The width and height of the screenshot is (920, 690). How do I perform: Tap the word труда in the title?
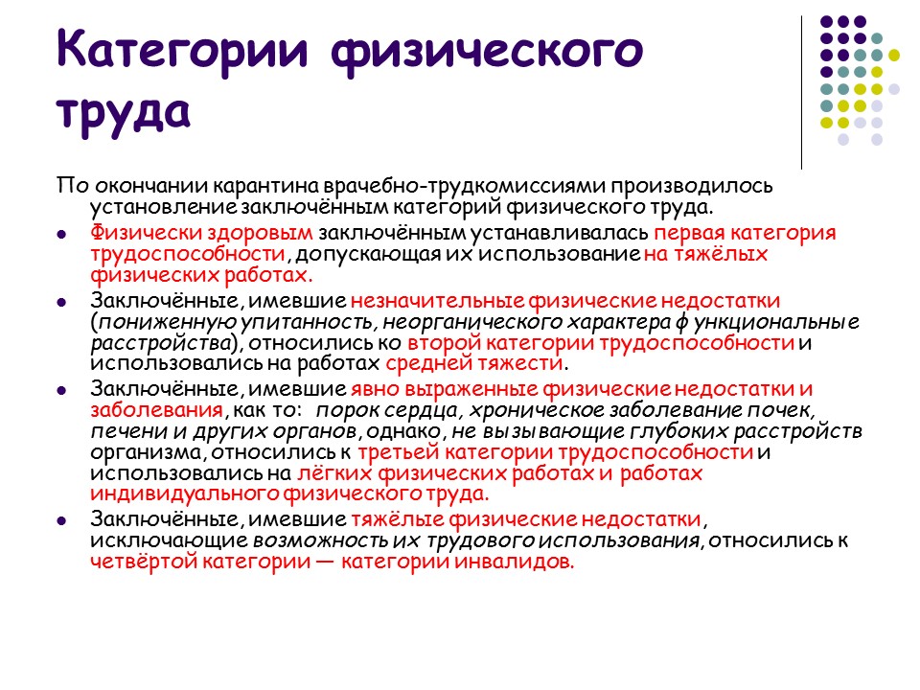[x=124, y=108]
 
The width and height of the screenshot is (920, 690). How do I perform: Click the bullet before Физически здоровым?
[x=61, y=234]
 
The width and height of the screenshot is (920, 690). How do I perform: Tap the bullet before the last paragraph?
[x=61, y=520]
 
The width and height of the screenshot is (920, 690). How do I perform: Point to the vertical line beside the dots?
[x=801, y=92]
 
